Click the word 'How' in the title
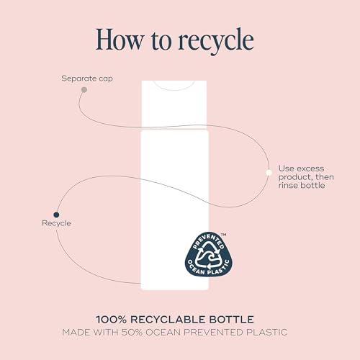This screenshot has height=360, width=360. coord(120,40)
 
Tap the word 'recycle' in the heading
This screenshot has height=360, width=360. coord(216,41)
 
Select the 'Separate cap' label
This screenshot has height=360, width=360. coord(87,78)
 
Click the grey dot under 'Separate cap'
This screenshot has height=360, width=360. coord(84,90)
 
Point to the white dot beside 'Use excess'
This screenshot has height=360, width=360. coord(269,173)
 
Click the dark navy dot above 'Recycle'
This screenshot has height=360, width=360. coord(56,215)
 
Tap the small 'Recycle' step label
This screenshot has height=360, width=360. coord(56,223)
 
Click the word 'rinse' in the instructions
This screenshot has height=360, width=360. coord(289,185)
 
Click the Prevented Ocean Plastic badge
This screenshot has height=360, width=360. coord(209,253)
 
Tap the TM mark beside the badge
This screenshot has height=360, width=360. coord(223,235)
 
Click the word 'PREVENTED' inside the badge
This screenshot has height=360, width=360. coord(208,241)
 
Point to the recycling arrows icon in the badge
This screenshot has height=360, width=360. coord(208,255)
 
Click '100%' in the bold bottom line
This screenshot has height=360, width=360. coord(111,320)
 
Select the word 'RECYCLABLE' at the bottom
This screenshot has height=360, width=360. coord(168,320)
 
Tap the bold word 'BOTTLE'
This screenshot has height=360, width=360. coord(232,320)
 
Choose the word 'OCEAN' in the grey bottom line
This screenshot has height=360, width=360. coord(163,333)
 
